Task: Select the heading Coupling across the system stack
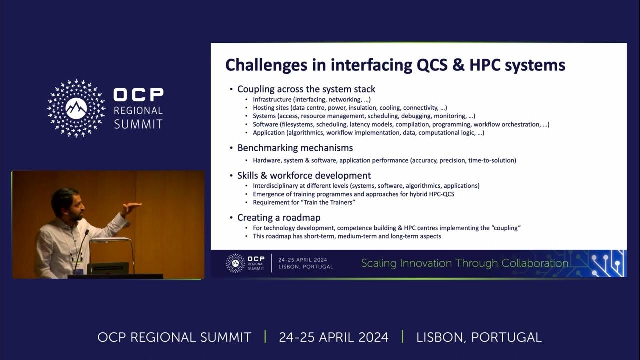[306, 89]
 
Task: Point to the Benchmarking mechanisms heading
[295, 148]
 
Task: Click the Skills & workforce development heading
[304, 175]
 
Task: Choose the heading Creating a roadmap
[279, 217]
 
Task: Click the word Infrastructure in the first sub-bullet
[272, 99]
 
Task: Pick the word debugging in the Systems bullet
[415, 116]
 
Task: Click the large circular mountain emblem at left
[76, 108]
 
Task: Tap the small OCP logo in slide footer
[235, 263]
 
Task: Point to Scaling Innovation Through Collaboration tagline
[465, 263]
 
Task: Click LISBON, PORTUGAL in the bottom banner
[479, 337]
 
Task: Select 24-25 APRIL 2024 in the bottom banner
[333, 337]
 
